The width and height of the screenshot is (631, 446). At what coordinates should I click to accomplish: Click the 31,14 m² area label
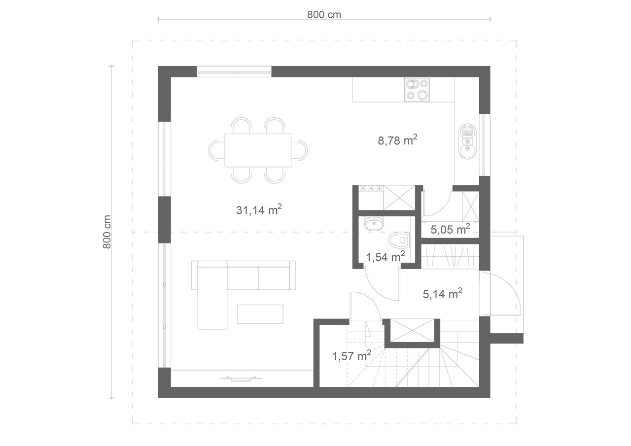click(259, 210)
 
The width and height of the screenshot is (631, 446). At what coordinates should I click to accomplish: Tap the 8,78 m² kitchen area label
click(397, 140)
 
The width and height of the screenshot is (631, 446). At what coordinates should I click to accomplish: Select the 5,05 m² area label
click(450, 229)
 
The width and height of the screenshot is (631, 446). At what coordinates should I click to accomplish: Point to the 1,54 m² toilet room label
click(385, 257)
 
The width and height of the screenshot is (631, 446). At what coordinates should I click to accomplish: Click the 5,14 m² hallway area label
click(442, 294)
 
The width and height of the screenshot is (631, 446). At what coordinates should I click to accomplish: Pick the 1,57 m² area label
click(351, 356)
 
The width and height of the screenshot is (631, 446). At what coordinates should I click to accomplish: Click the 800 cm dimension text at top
click(324, 15)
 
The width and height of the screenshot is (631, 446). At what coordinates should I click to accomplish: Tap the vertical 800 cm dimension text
click(107, 232)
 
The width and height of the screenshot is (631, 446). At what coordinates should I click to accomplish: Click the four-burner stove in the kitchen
click(417, 90)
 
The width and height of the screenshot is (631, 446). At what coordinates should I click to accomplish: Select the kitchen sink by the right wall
click(468, 141)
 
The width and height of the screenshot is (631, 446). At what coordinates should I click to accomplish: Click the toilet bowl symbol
click(399, 240)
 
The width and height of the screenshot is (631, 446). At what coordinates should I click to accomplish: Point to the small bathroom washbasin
click(374, 224)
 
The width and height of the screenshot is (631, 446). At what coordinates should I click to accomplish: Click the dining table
click(258, 150)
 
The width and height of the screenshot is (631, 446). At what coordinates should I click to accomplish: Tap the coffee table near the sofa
click(260, 314)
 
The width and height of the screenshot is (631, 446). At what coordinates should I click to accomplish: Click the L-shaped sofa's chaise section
click(212, 298)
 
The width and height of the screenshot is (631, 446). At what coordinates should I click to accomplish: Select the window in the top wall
click(234, 71)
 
